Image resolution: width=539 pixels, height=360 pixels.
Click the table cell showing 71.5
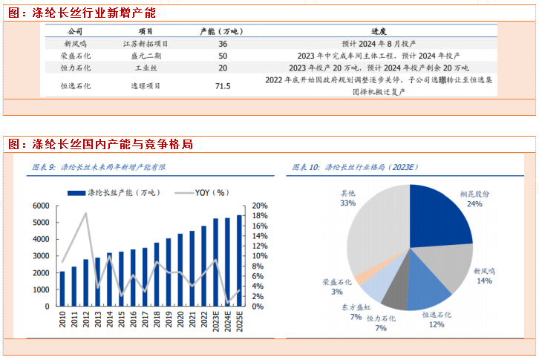click(x=223, y=86)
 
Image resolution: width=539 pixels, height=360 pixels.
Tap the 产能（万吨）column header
click(x=223, y=32)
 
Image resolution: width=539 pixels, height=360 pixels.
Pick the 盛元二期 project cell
click(x=146, y=56)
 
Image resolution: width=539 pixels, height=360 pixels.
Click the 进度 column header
click(x=379, y=32)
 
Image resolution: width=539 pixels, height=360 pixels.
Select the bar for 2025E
click(x=238, y=261)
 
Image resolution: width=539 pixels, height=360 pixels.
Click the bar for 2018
click(x=157, y=274)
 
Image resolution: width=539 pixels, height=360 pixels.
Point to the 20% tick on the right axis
click(x=259, y=206)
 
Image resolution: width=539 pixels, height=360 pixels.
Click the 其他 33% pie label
click(x=347, y=197)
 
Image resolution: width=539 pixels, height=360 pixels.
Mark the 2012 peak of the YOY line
click(x=86, y=214)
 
